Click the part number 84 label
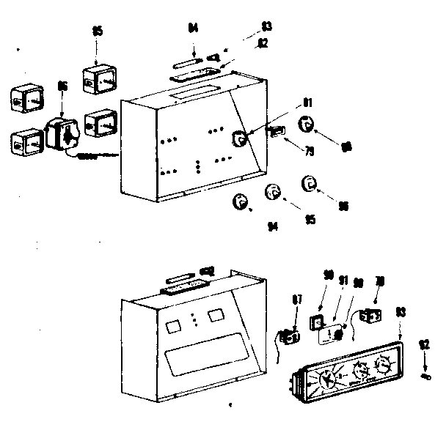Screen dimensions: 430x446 (193, 29)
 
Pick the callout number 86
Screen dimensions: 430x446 (62, 86)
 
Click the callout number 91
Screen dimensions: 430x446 (342, 279)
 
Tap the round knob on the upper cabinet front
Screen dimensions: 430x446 (240, 138)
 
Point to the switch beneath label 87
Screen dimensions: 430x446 (290, 337)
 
